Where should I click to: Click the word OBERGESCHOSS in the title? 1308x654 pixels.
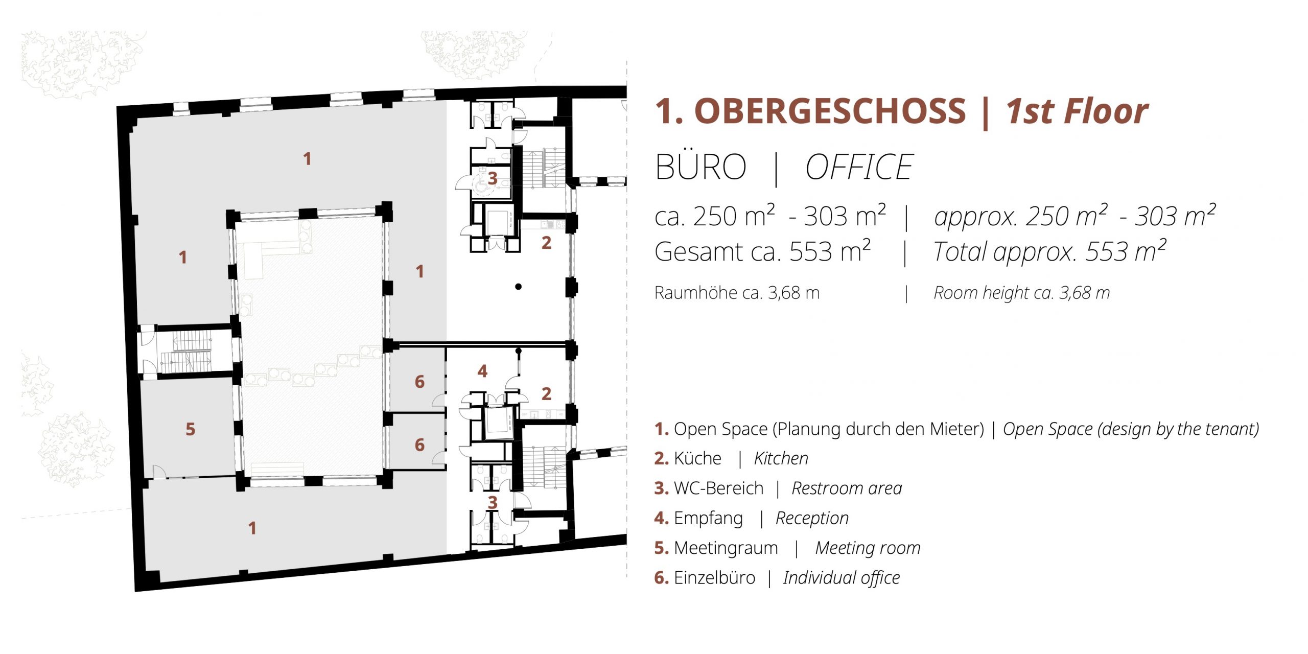coord(830,111)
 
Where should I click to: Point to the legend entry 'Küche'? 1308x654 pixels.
coord(697,458)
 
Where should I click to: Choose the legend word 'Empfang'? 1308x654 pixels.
coord(708,519)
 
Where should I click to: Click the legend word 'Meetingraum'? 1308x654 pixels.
coord(726,548)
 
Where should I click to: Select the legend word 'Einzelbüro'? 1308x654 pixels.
coord(714,577)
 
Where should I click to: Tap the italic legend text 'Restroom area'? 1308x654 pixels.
coord(847,488)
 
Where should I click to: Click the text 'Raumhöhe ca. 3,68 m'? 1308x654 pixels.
coord(737,293)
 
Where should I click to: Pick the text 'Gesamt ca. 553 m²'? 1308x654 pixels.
coord(762,251)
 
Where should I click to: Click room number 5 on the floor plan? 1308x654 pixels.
coord(190,429)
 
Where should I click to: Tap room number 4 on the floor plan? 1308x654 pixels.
coord(482,371)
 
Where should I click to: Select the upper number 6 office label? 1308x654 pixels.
coord(419,382)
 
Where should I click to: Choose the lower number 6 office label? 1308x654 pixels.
coord(419,445)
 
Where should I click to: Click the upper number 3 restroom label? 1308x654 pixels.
coord(493,178)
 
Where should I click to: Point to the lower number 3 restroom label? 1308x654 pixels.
coord(493,503)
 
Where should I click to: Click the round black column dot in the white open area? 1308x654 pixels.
coord(518,287)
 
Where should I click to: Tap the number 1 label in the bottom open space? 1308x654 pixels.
coord(252,528)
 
